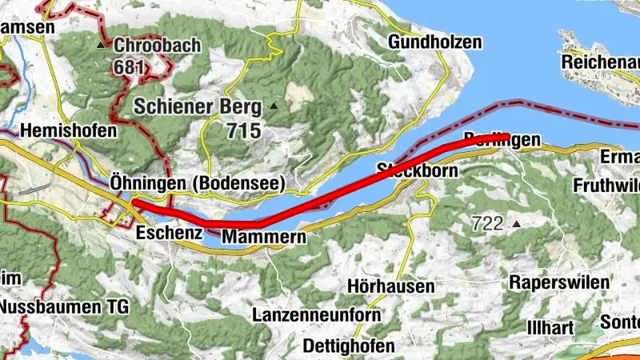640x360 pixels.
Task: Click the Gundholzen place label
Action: [435, 42]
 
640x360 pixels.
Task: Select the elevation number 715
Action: [243, 130]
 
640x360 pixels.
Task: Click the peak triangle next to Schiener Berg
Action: [274, 106]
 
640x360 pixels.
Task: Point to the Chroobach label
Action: [157, 46]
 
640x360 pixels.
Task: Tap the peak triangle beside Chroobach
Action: [102, 46]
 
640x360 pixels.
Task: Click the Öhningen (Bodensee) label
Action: [198, 184]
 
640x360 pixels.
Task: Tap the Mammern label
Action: [263, 238]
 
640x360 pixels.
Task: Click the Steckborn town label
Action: [417, 170]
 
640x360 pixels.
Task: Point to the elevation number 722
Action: [490, 225]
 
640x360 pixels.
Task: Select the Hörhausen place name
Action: [392, 286]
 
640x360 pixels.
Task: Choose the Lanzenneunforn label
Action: [317, 315]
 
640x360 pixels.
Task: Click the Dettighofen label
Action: [350, 346]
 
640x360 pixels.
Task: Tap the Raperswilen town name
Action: [559, 282]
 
